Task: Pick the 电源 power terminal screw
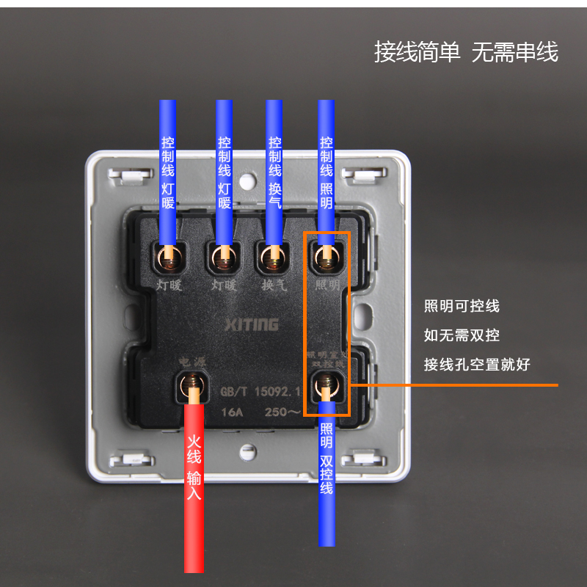coord(192,383)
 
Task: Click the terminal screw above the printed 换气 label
coord(273,256)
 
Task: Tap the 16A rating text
coord(232,412)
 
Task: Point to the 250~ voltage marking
coord(283,412)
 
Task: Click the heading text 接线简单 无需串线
coord(466,52)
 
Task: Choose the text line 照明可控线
coord(462,306)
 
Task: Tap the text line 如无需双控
coord(462,335)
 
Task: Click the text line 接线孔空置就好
coord(477,365)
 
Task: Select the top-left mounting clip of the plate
coord(125,175)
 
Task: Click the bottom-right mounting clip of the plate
coord(360,460)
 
